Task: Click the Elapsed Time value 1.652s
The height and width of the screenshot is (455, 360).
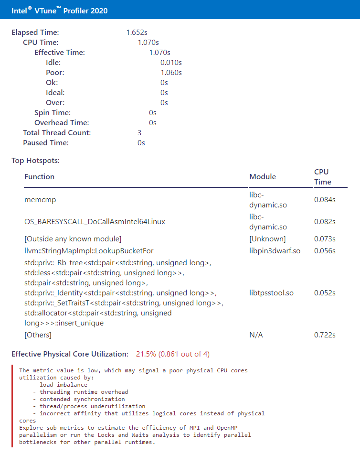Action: tap(137, 32)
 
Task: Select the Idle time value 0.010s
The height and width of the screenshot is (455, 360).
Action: tap(171, 63)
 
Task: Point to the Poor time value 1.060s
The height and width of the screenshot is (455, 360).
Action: tap(171, 73)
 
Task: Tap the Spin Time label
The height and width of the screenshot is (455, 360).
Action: tap(53, 113)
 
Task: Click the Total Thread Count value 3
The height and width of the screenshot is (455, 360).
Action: tap(139, 133)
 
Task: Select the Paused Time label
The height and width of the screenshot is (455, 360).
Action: tap(46, 143)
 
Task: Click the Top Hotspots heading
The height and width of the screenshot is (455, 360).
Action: tap(35, 161)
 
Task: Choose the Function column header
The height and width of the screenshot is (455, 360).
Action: tap(40, 177)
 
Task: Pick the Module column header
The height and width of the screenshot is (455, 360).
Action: tap(263, 177)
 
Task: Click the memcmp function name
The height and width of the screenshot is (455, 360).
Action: tap(40, 200)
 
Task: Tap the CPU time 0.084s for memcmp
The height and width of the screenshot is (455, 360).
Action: tap(325, 200)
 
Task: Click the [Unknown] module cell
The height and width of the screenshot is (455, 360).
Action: tap(267, 239)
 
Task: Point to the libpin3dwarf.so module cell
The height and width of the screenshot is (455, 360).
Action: tap(275, 251)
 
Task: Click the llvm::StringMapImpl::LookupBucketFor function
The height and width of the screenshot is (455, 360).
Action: tap(89, 251)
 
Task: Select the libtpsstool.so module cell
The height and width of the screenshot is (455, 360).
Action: tap(271, 293)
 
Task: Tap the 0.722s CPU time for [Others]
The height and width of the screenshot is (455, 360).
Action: tap(325, 335)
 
